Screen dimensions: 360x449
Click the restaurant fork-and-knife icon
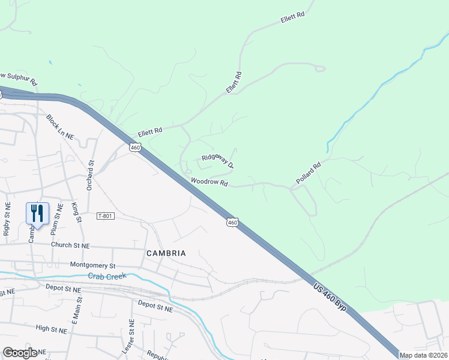37,214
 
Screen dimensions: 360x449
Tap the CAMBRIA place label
166,253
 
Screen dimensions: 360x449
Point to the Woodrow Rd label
209,182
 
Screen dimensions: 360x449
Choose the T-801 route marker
105,215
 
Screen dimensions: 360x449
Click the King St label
76,213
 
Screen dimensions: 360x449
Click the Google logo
20,353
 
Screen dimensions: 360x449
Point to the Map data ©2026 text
423,355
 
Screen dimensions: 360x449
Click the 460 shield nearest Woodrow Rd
232,223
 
